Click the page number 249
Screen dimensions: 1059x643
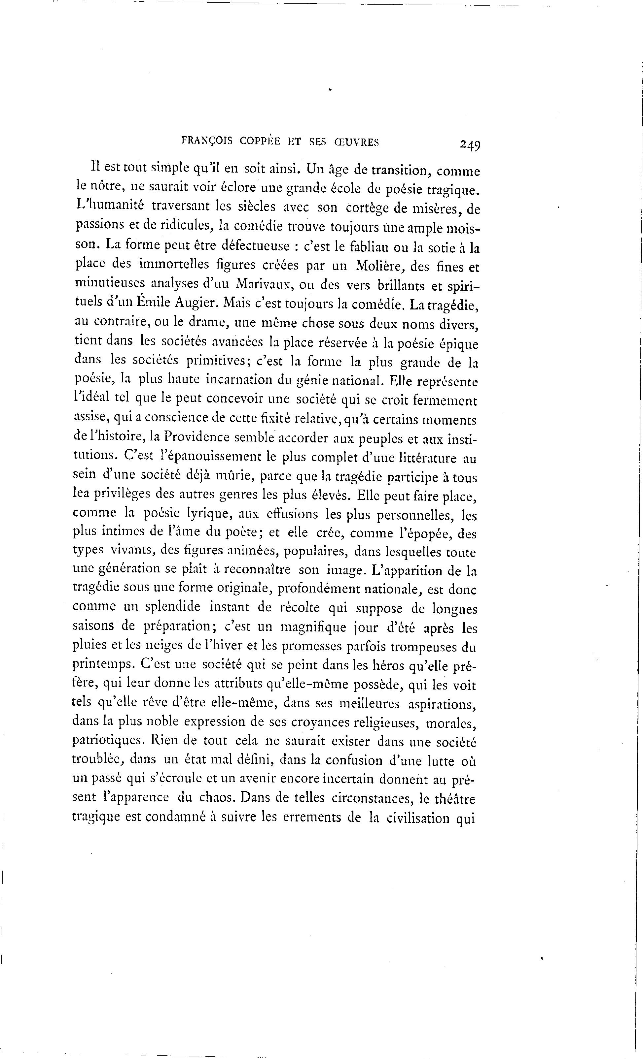(470, 145)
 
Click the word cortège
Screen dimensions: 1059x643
(369, 209)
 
